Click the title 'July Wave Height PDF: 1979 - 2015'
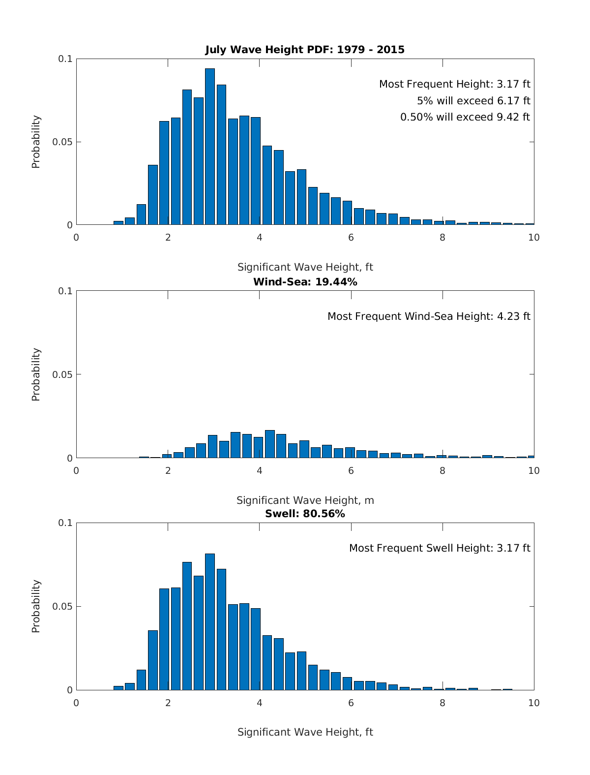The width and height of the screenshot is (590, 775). click(305, 50)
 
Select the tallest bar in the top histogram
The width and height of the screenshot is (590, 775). click(210, 147)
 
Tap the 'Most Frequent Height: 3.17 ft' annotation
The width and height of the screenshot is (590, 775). click(454, 84)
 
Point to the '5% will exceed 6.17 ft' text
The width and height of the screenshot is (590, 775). click(473, 101)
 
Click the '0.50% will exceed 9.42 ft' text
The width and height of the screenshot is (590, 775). click(465, 117)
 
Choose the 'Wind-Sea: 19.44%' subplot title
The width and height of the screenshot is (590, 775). click(305, 282)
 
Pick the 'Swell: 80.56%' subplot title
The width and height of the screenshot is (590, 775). click(305, 514)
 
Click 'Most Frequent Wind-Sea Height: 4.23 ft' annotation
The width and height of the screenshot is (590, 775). click(429, 316)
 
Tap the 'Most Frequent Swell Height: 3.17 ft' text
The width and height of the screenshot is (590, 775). click(440, 548)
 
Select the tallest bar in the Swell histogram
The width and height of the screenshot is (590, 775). click(210, 622)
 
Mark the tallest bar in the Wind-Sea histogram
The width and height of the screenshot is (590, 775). click(269, 444)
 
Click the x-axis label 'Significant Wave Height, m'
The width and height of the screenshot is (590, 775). click(305, 500)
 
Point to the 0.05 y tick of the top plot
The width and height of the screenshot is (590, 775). click(62, 142)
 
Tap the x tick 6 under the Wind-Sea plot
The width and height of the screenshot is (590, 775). click(351, 470)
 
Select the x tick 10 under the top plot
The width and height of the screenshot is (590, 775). click(533, 238)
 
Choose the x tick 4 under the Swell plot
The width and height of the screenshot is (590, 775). click(260, 703)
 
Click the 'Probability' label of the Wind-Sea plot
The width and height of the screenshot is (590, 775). click(36, 374)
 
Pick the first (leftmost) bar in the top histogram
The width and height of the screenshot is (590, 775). click(118, 223)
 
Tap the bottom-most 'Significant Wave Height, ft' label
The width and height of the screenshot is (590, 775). click(305, 732)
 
